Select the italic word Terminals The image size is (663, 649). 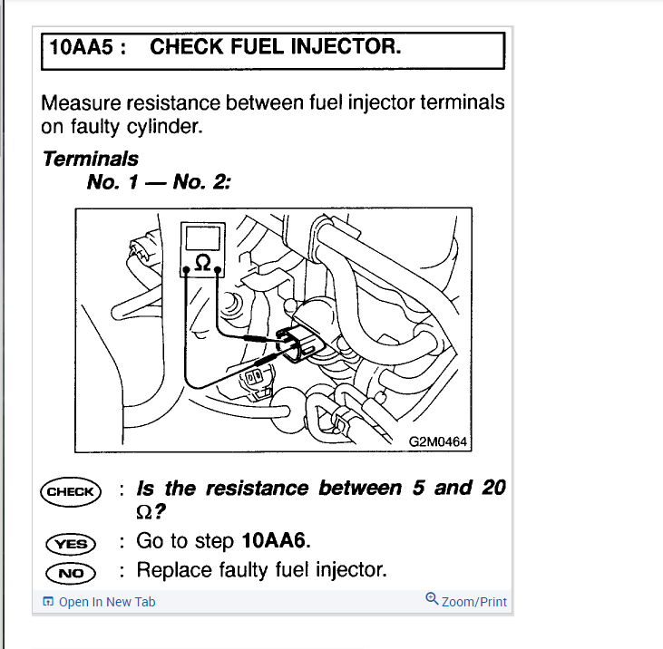pyautogui.click(x=90, y=159)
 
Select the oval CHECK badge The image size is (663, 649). pyautogui.click(x=70, y=492)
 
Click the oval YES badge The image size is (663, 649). pyautogui.click(x=70, y=544)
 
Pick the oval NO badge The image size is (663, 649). pyautogui.click(x=70, y=573)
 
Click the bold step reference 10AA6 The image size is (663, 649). pyautogui.click(x=276, y=542)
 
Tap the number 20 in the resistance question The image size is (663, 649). pyautogui.click(x=492, y=488)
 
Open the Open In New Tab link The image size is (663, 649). pyautogui.click(x=106, y=602)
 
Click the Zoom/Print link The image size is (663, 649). pyautogui.click(x=473, y=602)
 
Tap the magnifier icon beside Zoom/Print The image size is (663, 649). pyautogui.click(x=432, y=599)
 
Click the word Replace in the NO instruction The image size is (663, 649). pyautogui.click(x=171, y=570)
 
